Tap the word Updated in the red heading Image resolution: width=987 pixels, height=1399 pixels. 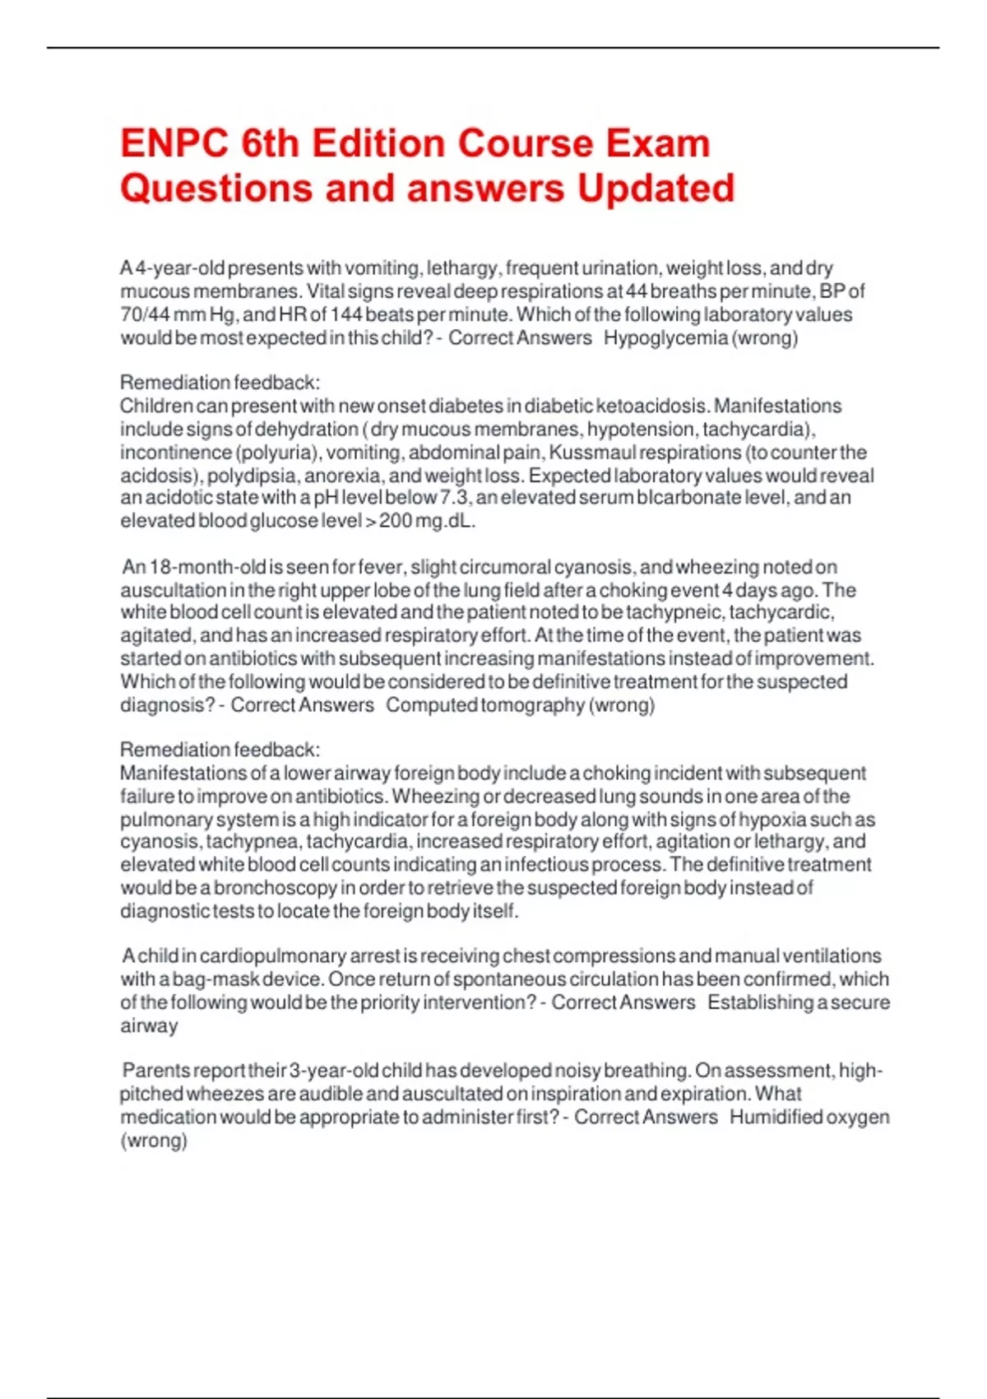coord(655,188)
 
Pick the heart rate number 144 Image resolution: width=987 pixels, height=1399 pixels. coord(345,315)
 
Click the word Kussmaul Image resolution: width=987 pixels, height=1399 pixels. coord(589,453)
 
